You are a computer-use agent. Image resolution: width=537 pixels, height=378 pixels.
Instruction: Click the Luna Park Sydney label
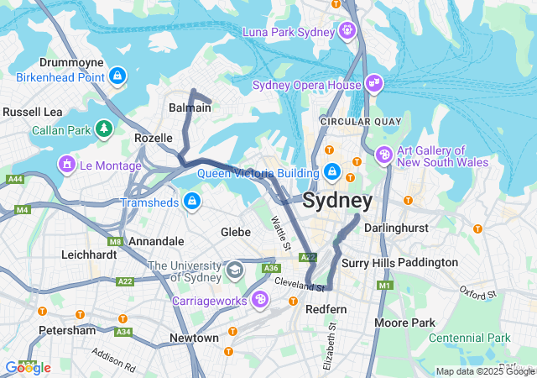point(289,32)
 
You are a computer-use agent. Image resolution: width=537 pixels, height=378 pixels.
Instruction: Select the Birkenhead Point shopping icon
point(117,77)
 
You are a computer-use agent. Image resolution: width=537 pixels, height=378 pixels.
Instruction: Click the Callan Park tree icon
point(103,129)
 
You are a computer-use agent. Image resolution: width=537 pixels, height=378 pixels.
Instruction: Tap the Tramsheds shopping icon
point(192,202)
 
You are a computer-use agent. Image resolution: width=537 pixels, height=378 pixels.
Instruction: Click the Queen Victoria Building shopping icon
point(332,172)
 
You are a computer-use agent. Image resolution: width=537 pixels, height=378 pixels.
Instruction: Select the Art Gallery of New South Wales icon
point(384,155)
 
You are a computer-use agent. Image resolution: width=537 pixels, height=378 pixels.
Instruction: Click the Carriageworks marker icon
point(261,299)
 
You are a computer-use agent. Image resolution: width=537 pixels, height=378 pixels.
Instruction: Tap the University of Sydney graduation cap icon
point(234,271)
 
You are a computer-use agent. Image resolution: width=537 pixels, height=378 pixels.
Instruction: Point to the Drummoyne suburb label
point(71,63)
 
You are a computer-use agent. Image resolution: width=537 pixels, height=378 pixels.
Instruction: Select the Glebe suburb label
point(235,231)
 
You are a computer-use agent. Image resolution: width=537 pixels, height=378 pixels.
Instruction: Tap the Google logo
point(27,367)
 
